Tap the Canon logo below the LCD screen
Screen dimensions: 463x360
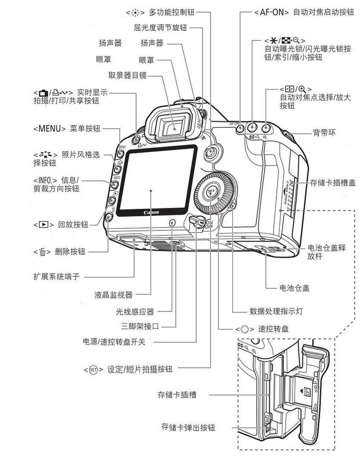tap(151, 212)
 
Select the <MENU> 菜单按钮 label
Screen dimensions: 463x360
tap(67, 128)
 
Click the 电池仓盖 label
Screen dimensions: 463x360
tap(294, 288)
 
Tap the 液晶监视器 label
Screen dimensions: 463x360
tap(113, 295)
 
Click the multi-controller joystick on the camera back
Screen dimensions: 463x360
tap(210, 152)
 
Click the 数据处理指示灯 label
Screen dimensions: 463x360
tap(276, 311)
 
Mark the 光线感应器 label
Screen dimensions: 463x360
tap(135, 311)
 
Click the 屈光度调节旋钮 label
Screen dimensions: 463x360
tap(160, 28)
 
